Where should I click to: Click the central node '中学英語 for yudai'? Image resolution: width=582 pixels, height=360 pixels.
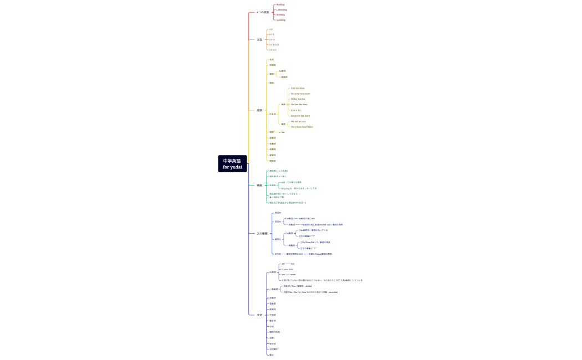pyautogui.click(x=232, y=164)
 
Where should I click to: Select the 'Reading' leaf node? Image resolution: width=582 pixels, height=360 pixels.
pyautogui.click(x=280, y=4)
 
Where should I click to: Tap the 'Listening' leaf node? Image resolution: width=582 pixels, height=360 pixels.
pyautogui.click(x=282, y=9)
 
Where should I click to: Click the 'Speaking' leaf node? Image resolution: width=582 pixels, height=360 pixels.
pyautogui.click(x=281, y=20)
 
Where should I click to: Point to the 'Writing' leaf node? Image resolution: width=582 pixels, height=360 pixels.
pyautogui.click(x=280, y=14)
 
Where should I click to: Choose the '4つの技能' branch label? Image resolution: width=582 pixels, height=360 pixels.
pyautogui.click(x=263, y=12)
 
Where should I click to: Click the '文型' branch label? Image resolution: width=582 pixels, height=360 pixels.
pyautogui.click(x=259, y=40)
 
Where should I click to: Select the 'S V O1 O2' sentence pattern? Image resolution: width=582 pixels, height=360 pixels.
pyautogui.click(x=274, y=44)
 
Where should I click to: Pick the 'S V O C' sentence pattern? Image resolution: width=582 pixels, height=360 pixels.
pyautogui.click(x=273, y=50)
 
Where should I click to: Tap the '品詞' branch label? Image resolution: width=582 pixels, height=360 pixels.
pyautogui.click(x=259, y=110)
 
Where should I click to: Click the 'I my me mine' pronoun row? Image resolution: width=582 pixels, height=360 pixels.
pyautogui.click(x=298, y=88)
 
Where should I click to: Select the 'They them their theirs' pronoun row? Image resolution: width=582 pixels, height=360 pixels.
pyautogui.click(x=302, y=127)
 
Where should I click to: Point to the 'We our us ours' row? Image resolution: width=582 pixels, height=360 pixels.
pyautogui.click(x=298, y=121)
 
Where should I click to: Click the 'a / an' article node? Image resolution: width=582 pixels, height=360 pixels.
pyautogui.click(x=282, y=132)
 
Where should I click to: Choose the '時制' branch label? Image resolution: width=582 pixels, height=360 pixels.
pyautogui.click(x=259, y=186)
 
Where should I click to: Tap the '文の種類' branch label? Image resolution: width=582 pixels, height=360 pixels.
pyautogui.click(x=262, y=234)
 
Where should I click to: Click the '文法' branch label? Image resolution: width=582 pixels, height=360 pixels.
pyautogui.click(x=259, y=315)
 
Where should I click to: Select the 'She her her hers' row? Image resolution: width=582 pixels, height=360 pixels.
pyautogui.click(x=299, y=104)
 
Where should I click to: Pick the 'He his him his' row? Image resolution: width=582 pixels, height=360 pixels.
pyautogui.click(x=298, y=99)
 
